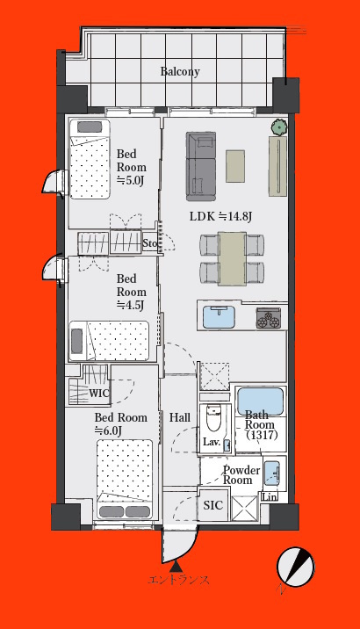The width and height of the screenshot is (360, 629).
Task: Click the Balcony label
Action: pos(180,72)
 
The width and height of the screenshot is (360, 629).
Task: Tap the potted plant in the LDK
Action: pos(278,127)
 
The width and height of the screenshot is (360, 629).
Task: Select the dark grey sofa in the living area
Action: pos(201,166)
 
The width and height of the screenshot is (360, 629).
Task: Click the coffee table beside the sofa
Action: pos(235,166)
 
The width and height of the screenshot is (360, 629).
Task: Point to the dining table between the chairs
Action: pos(232,258)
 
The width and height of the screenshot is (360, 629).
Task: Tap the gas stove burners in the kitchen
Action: pos(268,318)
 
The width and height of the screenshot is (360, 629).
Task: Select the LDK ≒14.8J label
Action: pos(220,217)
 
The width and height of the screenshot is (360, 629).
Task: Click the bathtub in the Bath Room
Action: pos(260,401)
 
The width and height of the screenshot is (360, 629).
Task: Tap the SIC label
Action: pos(212,505)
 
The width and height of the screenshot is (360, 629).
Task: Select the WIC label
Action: pos(98,394)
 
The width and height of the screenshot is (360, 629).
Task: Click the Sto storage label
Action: pos(149,243)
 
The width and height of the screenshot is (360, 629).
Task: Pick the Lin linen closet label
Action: pos(270,497)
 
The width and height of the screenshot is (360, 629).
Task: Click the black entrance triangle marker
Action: pos(176,566)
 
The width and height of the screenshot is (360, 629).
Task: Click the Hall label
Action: pos(180,417)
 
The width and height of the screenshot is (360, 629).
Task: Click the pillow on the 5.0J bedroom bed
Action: pos(90,127)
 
